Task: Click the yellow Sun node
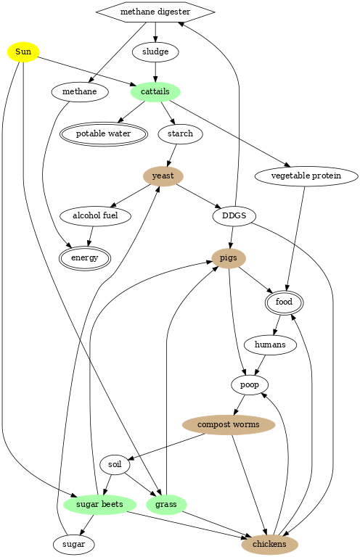click(23, 52)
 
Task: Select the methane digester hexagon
click(155, 12)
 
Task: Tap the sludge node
click(155, 52)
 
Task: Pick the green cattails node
click(155, 92)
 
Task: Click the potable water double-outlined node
click(103, 134)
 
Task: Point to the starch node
click(181, 134)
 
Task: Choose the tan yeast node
click(163, 176)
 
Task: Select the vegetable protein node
click(306, 176)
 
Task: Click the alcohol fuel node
click(95, 216)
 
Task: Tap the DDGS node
click(234, 216)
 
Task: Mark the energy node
click(85, 258)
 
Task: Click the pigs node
click(229, 258)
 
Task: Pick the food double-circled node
click(284, 302)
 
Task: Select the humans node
click(270, 345)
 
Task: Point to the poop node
click(250, 385)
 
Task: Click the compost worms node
click(229, 425)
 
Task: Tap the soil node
click(115, 465)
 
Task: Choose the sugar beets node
click(100, 505)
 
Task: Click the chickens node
click(269, 545)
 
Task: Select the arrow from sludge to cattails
click(155, 72)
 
